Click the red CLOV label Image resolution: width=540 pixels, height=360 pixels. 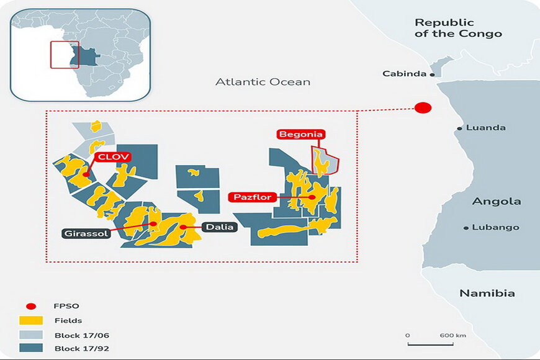point(112,157)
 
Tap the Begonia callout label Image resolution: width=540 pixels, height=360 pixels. point(301,134)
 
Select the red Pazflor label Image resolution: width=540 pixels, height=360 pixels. point(253,197)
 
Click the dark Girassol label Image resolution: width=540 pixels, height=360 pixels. point(87,233)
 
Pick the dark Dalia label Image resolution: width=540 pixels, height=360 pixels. point(219,227)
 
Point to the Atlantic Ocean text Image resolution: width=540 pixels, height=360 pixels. point(263,82)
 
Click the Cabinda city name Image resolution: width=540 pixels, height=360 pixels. point(405,74)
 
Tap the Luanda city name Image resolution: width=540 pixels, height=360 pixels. point(485,128)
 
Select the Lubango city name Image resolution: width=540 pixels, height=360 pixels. point(495,227)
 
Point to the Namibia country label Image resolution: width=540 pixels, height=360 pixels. point(487,293)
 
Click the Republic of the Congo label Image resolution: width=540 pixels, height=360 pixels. point(457,28)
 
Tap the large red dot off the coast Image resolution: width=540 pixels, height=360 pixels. point(423,107)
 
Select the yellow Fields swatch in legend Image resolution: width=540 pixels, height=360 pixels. point(32,320)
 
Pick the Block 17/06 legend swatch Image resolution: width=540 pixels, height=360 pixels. point(32,335)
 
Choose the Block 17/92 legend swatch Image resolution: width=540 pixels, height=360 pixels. point(32,348)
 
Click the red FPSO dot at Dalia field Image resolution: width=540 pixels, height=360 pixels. point(183,227)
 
